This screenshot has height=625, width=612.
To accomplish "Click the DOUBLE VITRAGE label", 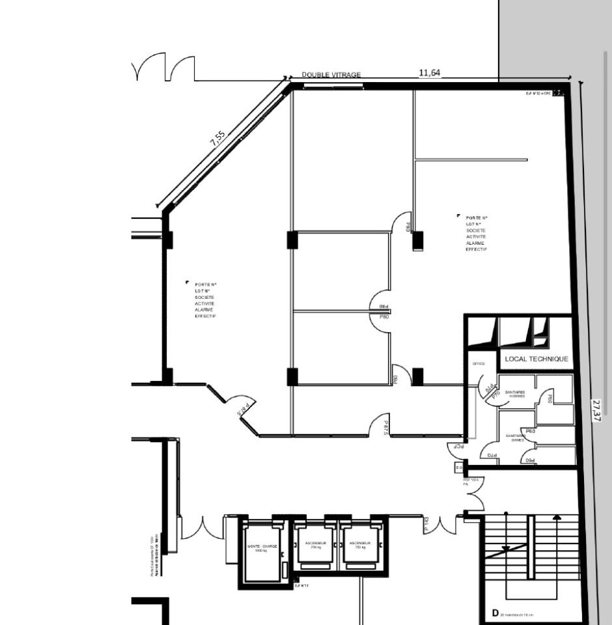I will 331,75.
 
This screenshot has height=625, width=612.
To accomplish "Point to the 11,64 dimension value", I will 429,73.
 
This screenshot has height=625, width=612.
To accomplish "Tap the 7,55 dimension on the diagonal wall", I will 218,139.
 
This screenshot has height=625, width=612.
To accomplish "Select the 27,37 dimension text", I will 596,410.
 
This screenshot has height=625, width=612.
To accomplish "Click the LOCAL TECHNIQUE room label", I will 536,359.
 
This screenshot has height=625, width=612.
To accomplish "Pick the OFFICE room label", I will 479,364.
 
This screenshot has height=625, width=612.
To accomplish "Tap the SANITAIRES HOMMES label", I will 514,394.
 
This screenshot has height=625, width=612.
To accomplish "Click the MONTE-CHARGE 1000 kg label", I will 262,548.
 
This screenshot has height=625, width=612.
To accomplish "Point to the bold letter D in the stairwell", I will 495,613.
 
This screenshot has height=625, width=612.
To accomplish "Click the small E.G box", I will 458,467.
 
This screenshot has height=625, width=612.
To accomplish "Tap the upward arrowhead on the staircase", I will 557,518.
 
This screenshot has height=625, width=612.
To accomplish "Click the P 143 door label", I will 426,525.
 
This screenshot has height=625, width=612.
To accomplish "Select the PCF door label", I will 459,447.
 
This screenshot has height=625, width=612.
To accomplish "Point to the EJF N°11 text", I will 301,586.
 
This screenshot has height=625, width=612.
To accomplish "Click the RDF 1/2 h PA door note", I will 471,482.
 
